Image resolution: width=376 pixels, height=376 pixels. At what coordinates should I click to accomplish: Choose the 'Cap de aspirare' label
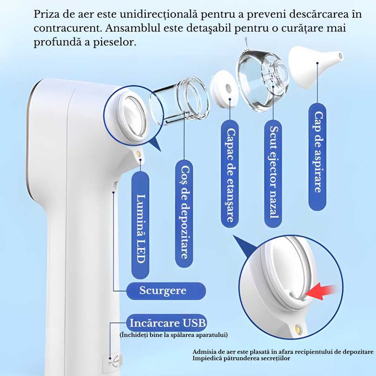pyautogui.click(x=317, y=156)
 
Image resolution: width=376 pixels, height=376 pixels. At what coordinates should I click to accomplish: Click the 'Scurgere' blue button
pyautogui.click(x=165, y=291)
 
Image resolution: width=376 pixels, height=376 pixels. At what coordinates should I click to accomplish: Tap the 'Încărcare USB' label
pyautogui.click(x=168, y=323)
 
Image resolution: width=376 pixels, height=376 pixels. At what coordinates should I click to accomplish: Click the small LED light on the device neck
pyautogui.click(x=140, y=154)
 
